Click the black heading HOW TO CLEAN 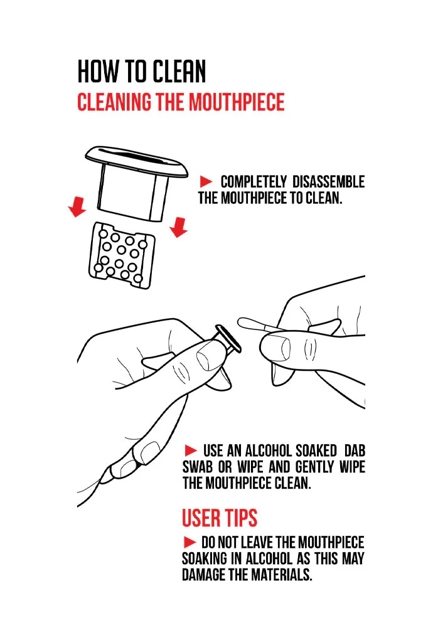click(142, 71)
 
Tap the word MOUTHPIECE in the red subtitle click(237, 102)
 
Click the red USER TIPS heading click(220, 518)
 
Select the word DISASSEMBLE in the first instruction click(329, 181)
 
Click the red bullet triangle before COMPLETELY click(206, 181)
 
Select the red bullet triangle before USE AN click(191, 451)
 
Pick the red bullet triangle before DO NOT click(190, 542)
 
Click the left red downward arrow click(77, 207)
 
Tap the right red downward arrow click(178, 227)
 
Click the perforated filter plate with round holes click(122, 255)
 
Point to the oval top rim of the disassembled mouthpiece click(137, 161)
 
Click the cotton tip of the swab click(248, 324)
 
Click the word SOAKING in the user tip click(205, 558)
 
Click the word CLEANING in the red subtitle click(114, 102)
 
